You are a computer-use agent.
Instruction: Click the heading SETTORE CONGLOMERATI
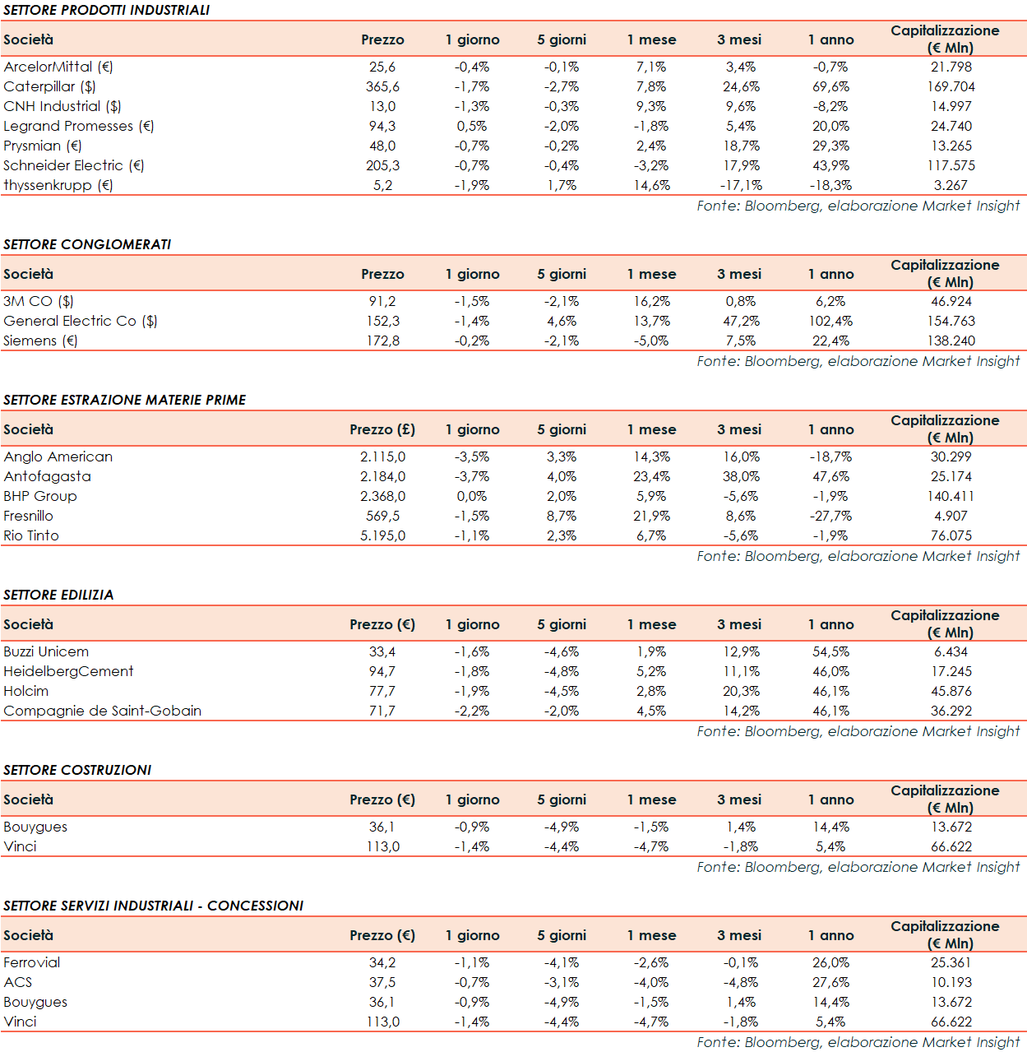click(87, 244)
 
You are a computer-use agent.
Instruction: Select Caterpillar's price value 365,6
click(382, 86)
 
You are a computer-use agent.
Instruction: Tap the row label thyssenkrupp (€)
click(58, 185)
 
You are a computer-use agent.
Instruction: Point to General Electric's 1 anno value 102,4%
click(830, 321)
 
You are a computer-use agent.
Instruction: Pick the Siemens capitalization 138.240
click(951, 341)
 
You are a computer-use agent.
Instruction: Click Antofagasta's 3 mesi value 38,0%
click(741, 476)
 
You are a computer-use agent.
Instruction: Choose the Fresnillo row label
click(29, 516)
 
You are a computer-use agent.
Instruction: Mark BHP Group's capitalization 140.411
click(951, 496)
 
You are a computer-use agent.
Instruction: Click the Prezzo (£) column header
click(382, 429)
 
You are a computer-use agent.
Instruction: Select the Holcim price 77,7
click(382, 691)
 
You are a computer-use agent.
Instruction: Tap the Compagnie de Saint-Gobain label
click(103, 711)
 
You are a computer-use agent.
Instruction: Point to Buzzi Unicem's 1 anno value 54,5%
click(830, 651)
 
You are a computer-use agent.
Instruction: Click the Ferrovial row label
click(32, 962)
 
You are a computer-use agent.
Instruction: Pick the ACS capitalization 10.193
click(951, 982)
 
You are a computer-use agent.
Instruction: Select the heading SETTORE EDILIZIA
click(58, 595)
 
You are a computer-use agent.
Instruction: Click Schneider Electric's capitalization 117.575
click(951, 165)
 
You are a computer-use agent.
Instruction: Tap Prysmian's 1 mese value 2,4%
click(651, 146)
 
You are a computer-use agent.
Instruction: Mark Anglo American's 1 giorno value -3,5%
click(472, 456)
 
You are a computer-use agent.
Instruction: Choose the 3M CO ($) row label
click(39, 301)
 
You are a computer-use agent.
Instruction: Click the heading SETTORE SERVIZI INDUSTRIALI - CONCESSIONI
click(154, 906)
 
